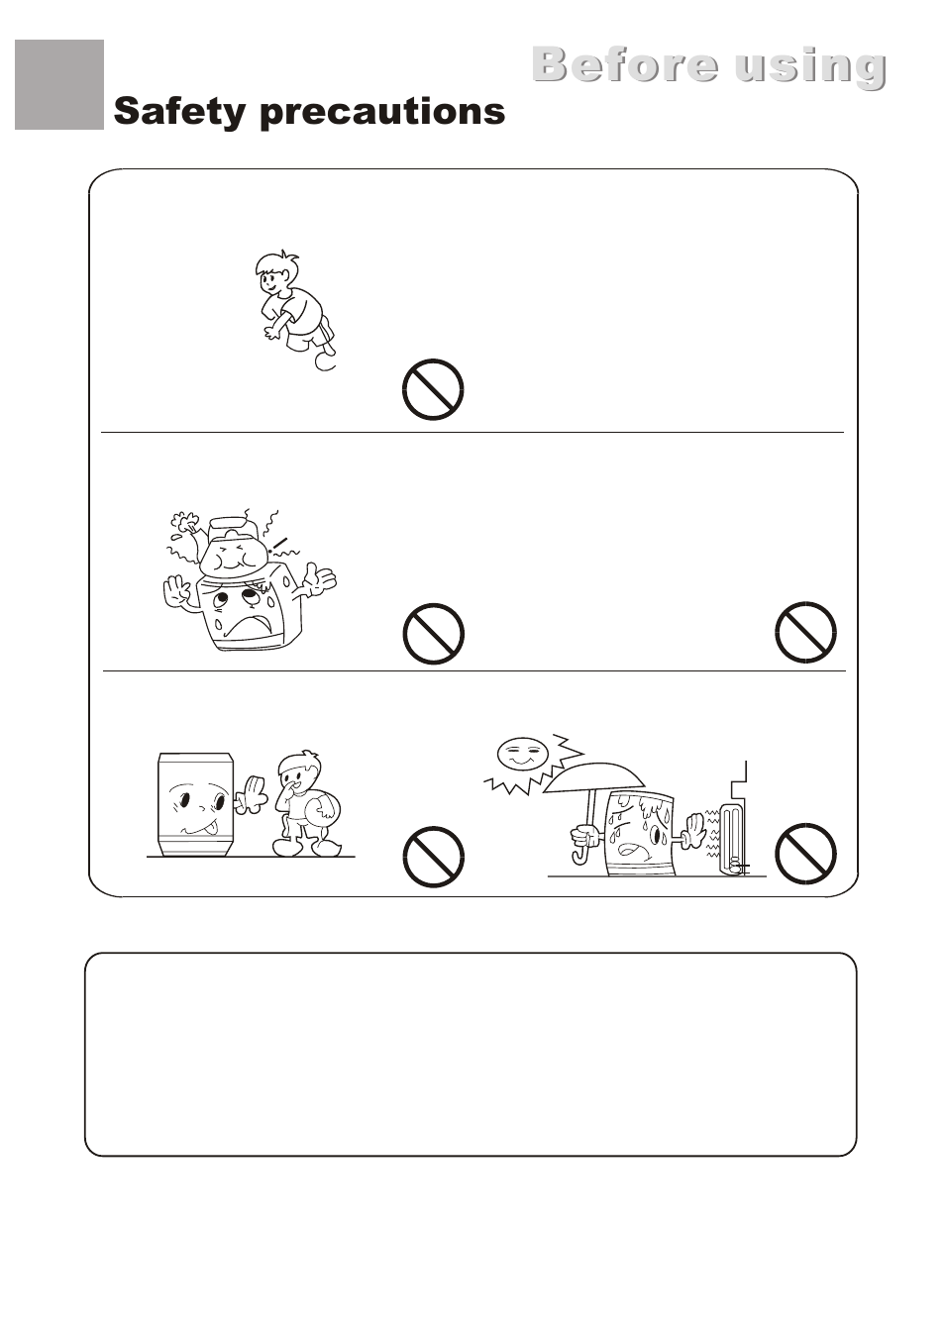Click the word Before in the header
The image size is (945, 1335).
[x=626, y=64]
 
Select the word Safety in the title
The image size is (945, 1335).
[x=180, y=112]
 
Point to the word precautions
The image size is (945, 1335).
[x=382, y=113]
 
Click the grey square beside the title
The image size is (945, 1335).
[x=59, y=84]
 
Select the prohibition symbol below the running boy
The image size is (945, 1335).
[x=434, y=389]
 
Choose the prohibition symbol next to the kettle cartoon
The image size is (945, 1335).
[x=434, y=633]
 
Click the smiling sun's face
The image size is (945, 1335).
[x=522, y=753]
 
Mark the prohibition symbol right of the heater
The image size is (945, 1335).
[x=805, y=853]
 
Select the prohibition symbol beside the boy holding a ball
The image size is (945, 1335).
[x=434, y=856]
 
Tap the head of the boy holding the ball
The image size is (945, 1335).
[x=302, y=771]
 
